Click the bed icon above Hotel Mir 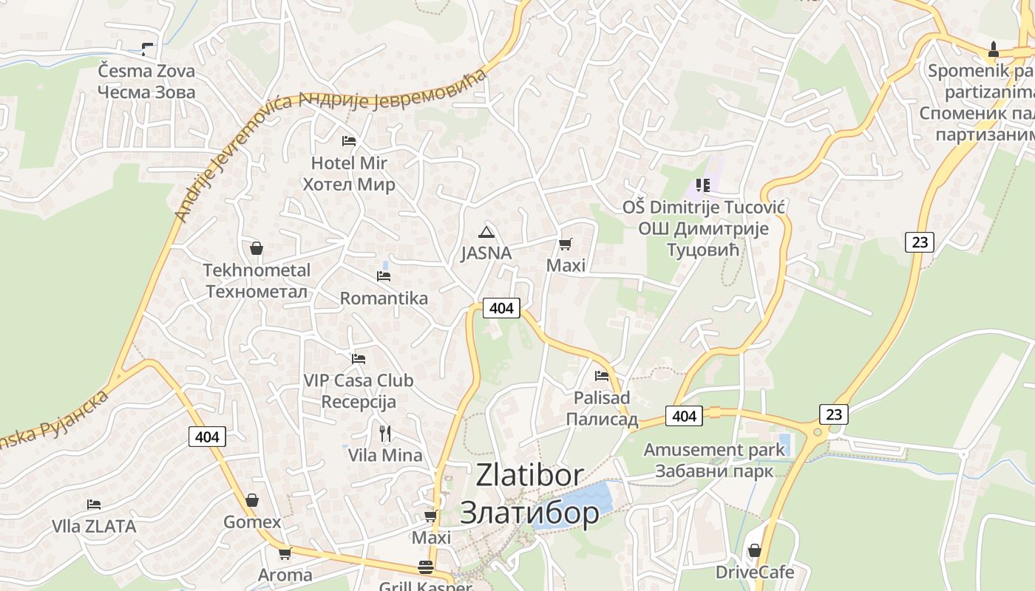pyautogui.click(x=349, y=140)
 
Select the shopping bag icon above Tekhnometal pyautogui.click(x=257, y=248)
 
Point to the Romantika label pyautogui.click(x=384, y=298)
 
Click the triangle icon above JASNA pyautogui.click(x=486, y=232)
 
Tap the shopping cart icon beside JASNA pyautogui.click(x=566, y=244)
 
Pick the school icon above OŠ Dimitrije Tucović pyautogui.click(x=702, y=185)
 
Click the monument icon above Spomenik pyautogui.click(x=994, y=50)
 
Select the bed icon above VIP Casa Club pyautogui.click(x=359, y=359)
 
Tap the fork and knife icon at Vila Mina pyautogui.click(x=385, y=433)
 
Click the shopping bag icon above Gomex pyautogui.click(x=252, y=501)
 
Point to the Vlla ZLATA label pyautogui.click(x=94, y=526)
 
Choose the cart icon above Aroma pyautogui.click(x=285, y=553)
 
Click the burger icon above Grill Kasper pyautogui.click(x=426, y=567)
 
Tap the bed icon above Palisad pyautogui.click(x=602, y=376)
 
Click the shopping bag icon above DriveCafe pyautogui.click(x=755, y=550)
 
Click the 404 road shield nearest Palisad pyautogui.click(x=684, y=416)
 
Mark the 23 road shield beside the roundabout pyautogui.click(x=833, y=414)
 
